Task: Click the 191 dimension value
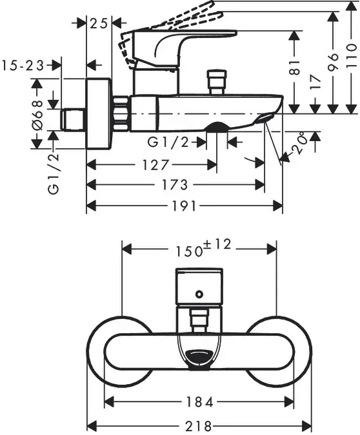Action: tap(184, 206)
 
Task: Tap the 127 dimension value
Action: tap(155, 166)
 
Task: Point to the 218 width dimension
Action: tap(198, 426)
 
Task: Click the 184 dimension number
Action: tap(199, 402)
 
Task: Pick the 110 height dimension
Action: tap(352, 56)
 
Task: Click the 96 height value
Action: tap(334, 61)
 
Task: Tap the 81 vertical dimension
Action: tap(295, 68)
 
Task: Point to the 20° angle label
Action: tap(299, 144)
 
